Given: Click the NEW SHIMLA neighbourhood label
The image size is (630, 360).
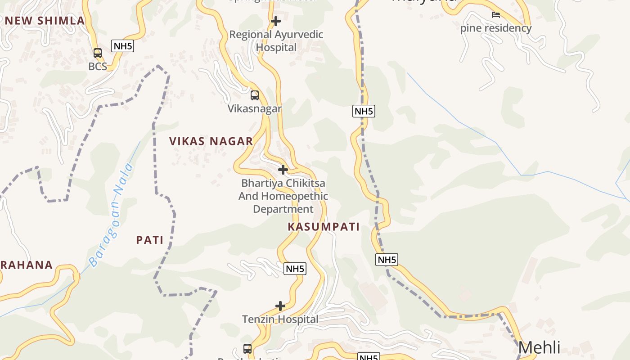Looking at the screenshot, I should pyautogui.click(x=45, y=21).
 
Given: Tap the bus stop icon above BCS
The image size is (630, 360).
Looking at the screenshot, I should pyautogui.click(x=98, y=53).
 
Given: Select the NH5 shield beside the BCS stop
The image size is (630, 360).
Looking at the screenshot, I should pyautogui.click(x=123, y=46).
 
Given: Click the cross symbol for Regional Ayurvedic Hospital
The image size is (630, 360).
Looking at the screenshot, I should pyautogui.click(x=276, y=21).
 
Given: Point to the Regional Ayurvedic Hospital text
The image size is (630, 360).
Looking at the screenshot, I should pyautogui.click(x=276, y=40).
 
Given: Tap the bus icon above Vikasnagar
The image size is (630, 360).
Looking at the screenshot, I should pyautogui.click(x=255, y=95).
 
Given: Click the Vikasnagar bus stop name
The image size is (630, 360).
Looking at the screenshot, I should pyautogui.click(x=255, y=109).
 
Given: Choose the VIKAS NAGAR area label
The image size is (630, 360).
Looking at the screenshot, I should pyautogui.click(x=211, y=141).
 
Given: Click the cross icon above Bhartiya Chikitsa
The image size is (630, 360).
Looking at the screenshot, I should pyautogui.click(x=283, y=170).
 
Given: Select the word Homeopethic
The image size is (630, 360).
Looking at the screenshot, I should pyautogui.click(x=294, y=196).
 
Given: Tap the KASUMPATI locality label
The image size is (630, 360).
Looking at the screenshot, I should pyautogui.click(x=324, y=227).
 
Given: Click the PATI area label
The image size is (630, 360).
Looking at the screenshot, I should pyautogui.click(x=150, y=240).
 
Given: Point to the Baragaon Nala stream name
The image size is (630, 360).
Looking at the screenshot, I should pyautogui.click(x=111, y=215).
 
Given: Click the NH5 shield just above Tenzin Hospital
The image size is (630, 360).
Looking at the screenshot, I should pyautogui.click(x=295, y=269).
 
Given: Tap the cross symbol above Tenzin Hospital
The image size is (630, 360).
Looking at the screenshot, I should pyautogui.click(x=280, y=306).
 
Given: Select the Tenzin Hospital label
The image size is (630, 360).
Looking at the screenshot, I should pyautogui.click(x=280, y=319).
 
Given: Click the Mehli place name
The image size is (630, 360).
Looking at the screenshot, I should pyautogui.click(x=539, y=348).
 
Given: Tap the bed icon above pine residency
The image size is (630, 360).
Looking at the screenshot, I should pyautogui.click(x=496, y=15).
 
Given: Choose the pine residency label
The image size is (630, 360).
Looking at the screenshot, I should pyautogui.click(x=496, y=28).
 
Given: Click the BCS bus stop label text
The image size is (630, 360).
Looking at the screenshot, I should pyautogui.click(x=98, y=67).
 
